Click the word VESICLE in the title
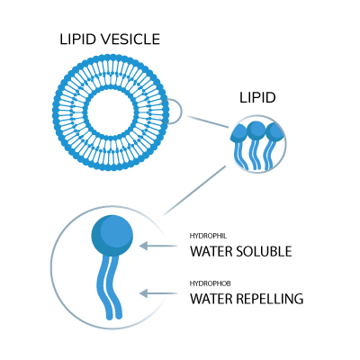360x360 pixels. tap(130, 40)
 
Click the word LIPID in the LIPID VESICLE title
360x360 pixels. tap(78, 40)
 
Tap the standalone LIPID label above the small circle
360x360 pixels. tap(257, 98)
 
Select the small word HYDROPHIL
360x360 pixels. tap(208, 236)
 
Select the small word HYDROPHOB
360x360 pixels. tap(210, 283)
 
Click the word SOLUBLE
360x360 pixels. tap(264, 251)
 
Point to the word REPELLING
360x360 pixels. tap(270, 299)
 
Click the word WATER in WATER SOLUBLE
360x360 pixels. tap(211, 251)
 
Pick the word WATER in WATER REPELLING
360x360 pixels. tap(211, 299)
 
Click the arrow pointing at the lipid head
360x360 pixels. tap(158, 246)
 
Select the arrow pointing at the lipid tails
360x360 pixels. tap(158, 293)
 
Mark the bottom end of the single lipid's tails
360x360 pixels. tap(114, 318)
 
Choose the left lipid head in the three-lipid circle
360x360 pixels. tap(240, 132)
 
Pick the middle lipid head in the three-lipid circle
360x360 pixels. tap(256, 130)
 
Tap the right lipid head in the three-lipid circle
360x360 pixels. tap(274, 132)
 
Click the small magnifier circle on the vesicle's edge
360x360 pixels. tap(182, 112)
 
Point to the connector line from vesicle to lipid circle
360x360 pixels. tap(208, 121)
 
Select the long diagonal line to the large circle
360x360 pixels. tap(194, 191)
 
